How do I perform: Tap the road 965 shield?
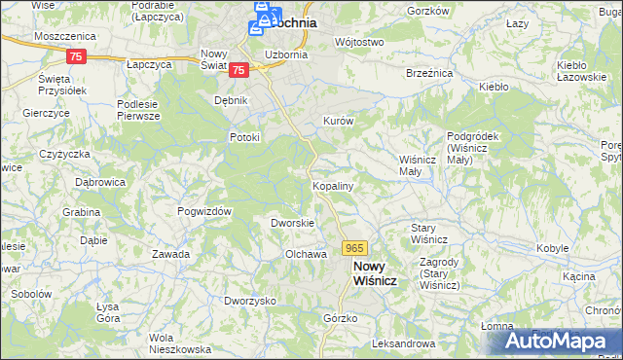pos(354,249)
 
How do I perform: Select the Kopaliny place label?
pos(332,185)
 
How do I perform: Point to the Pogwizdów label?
pos(203,211)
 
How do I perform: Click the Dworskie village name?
pos(292,223)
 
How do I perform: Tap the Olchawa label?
pos(304,254)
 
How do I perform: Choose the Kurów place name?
pos(337,121)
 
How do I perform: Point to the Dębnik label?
pos(232,100)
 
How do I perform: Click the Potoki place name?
pos(244,137)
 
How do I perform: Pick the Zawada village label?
pos(170,254)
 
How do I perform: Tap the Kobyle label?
pos(552,248)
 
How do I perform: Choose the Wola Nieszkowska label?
pos(180,343)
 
